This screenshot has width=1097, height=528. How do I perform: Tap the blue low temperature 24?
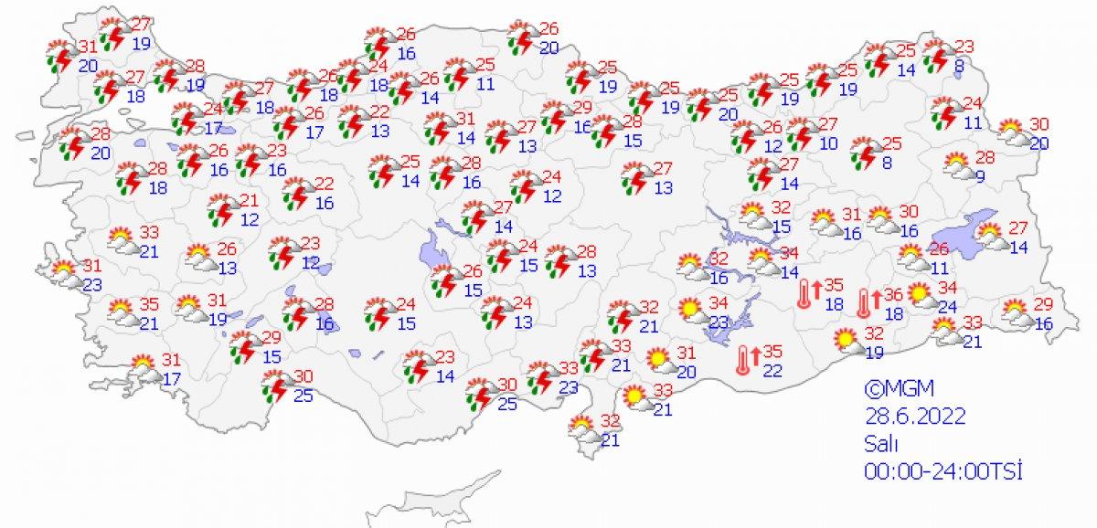[951, 307]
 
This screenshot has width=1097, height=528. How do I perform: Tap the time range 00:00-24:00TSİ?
[941, 471]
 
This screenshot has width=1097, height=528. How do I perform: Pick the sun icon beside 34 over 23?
[691, 310]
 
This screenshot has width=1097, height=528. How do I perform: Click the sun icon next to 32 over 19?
[847, 343]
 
